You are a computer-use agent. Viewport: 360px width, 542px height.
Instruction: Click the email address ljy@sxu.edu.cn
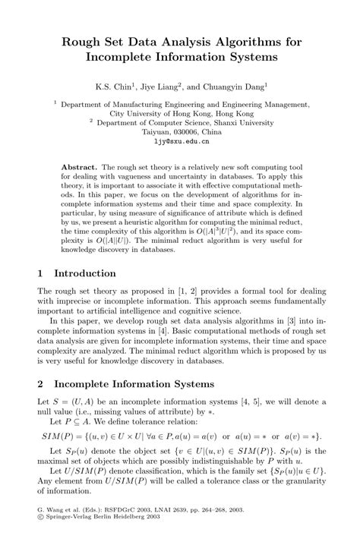pyautogui.click(x=181, y=141)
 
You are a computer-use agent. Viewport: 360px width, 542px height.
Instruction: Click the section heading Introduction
pyautogui.click(x=84, y=273)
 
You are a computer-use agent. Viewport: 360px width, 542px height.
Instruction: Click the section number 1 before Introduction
pyautogui.click(x=41, y=273)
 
